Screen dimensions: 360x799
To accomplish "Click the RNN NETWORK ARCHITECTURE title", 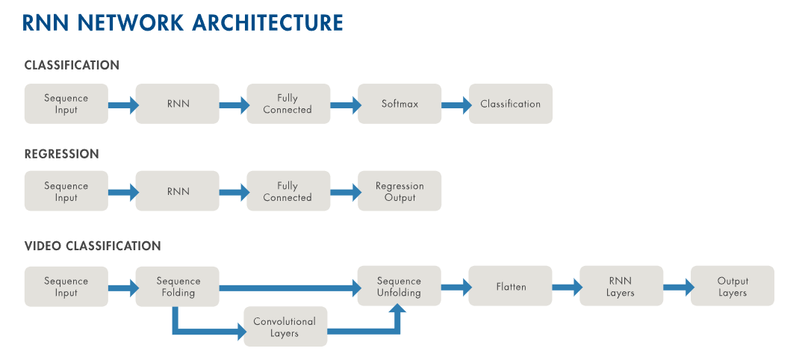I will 183,22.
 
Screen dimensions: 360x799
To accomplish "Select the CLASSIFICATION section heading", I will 72,66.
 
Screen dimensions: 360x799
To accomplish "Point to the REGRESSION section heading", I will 61,154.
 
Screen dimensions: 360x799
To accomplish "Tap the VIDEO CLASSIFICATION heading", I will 93,246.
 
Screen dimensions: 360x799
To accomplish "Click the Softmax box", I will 399,104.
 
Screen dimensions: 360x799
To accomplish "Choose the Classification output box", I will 511,104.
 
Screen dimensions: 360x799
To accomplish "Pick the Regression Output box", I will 399,191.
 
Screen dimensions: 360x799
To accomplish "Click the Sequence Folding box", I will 178,287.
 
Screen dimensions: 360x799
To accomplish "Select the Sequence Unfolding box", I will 399,287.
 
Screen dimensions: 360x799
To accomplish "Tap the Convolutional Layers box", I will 285,327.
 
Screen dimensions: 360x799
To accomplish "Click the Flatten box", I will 511,287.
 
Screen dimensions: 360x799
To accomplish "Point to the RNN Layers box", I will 621,287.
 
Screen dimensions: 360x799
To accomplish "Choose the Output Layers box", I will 733,287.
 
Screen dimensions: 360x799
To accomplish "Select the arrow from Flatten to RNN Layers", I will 566,287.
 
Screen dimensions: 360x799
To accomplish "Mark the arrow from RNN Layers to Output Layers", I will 677,287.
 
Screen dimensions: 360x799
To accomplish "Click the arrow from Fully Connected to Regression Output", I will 344,192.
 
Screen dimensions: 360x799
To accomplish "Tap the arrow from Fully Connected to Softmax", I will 344,105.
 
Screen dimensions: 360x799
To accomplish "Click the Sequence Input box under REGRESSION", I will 66,191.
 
